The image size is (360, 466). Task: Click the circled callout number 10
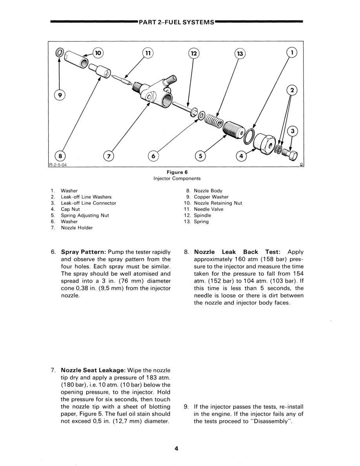[98, 52]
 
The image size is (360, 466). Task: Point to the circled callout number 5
[200, 156]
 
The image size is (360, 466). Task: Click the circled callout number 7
[108, 156]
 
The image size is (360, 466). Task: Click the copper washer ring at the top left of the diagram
[60, 52]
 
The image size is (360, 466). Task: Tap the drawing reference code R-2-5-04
[58, 165]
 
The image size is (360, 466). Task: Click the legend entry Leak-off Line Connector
[88, 203]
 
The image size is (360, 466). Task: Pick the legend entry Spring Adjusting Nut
[85, 215]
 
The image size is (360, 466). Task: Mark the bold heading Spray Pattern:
[84, 252]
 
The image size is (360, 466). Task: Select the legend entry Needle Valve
[209, 209]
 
